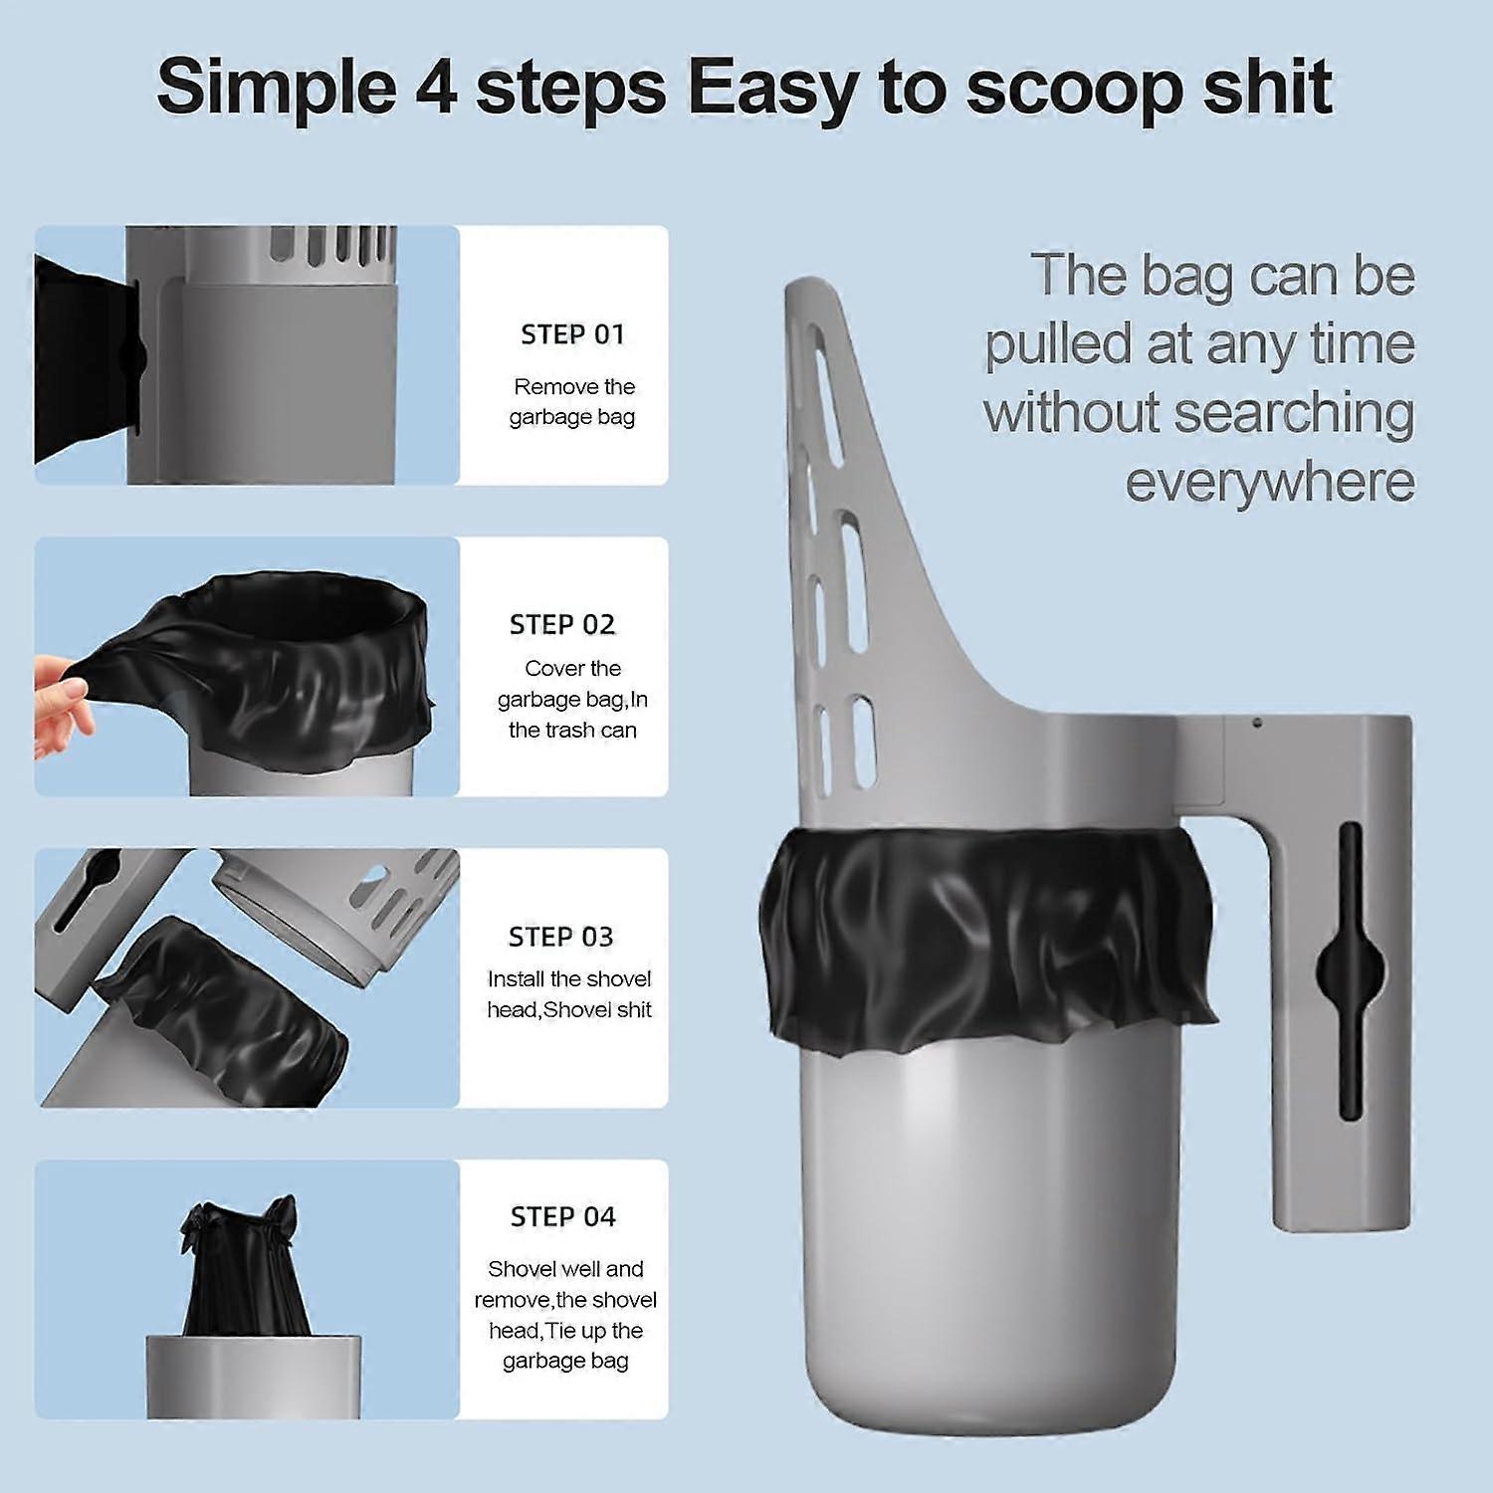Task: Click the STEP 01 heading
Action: click(572, 334)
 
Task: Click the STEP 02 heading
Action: click(562, 624)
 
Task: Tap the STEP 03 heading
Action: click(561, 937)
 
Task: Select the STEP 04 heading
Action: click(563, 1216)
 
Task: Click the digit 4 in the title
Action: click(433, 87)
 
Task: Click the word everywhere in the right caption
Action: click(1270, 482)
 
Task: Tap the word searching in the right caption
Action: click(1294, 414)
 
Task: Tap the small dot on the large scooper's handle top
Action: click(1257, 723)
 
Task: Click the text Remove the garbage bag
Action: click(573, 401)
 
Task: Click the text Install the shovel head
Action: click(569, 993)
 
